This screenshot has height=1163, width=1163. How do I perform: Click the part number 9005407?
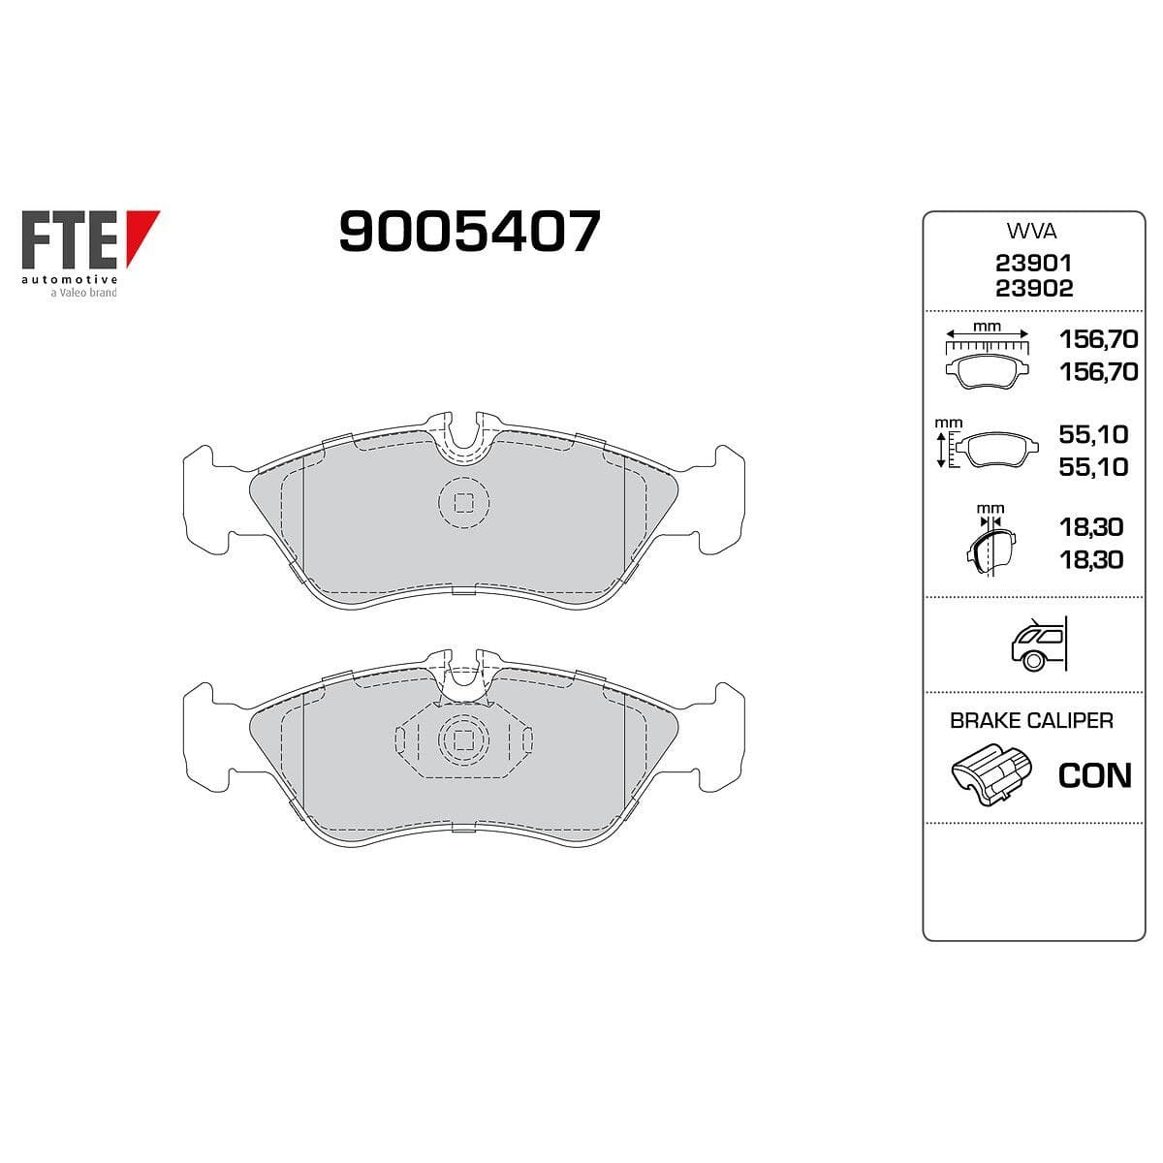click(469, 231)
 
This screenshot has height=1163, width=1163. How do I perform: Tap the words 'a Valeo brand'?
click(83, 293)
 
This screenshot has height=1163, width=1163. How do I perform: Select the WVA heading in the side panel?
click(1031, 232)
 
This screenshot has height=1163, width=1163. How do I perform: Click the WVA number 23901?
click(1034, 264)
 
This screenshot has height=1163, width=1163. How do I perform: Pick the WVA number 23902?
click(1034, 289)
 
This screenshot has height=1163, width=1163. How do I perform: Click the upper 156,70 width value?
click(1099, 339)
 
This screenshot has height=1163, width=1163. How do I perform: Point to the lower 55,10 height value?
click(1093, 467)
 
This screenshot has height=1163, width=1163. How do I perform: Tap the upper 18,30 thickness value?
click(1091, 527)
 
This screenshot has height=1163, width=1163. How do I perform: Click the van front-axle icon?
click(1038, 644)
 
